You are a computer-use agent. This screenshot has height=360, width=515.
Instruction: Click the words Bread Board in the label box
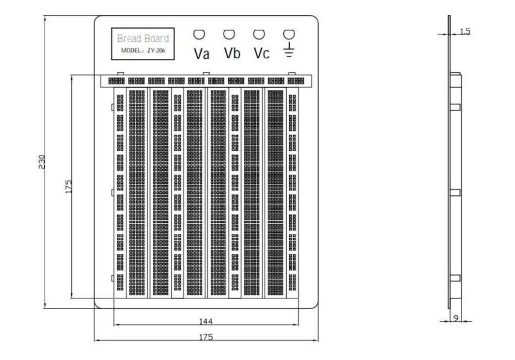[x=143, y=39]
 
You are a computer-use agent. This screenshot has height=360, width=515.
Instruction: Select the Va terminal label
[x=201, y=54]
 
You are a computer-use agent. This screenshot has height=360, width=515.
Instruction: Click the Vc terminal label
[x=261, y=53]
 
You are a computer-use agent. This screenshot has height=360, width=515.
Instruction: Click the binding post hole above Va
[x=200, y=34]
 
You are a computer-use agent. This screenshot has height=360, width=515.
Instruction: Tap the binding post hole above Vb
[x=229, y=34]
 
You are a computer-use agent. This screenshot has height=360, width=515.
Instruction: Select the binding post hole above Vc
[x=259, y=34]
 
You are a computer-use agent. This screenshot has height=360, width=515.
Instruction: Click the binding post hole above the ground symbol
[x=288, y=34]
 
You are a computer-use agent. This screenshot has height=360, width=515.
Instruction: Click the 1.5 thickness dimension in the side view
[x=465, y=32]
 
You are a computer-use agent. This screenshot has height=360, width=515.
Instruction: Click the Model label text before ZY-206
[x=132, y=50]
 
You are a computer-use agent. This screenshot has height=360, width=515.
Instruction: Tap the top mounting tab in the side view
[x=455, y=107]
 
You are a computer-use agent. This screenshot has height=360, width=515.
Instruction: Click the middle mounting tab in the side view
[x=455, y=192]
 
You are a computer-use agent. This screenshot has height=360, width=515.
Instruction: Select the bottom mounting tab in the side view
[x=455, y=278]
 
